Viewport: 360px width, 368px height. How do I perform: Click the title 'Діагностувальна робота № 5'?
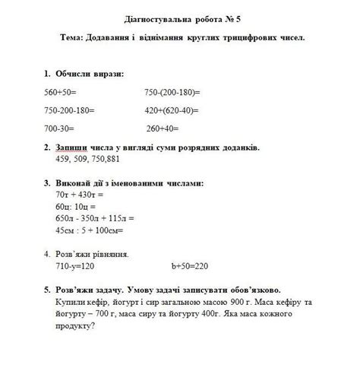(180, 18)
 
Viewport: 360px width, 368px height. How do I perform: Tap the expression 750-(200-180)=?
(172, 92)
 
